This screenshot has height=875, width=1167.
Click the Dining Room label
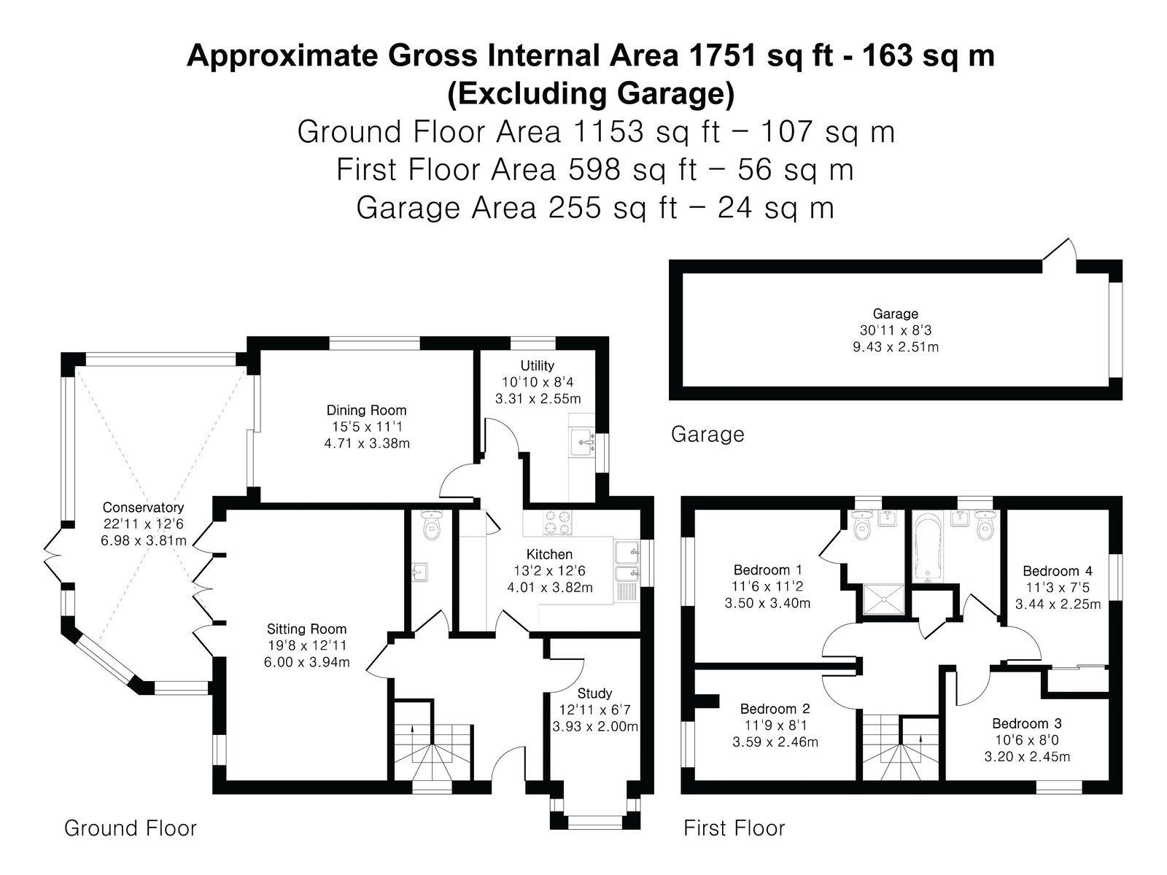366,410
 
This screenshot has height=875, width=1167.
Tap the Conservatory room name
143,507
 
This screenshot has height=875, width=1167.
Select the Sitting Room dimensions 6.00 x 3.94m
307,663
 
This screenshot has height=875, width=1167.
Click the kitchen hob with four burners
556,521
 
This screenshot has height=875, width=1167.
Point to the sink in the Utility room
583,442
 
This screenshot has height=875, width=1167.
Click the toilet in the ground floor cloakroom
431,525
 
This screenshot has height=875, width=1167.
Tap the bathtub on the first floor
927,546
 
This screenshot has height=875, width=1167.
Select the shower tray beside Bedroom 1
883,599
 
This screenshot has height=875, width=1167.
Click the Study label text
594,693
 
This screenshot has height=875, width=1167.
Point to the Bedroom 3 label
1027,723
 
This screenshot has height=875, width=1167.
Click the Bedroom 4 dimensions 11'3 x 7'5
1058,588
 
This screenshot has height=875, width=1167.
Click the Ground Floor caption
131,828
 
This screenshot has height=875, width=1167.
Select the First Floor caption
734,828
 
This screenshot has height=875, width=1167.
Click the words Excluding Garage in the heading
591,93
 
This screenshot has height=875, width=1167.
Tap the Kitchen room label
549,554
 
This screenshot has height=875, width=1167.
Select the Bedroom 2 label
775,709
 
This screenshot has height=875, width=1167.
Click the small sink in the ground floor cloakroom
419,572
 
